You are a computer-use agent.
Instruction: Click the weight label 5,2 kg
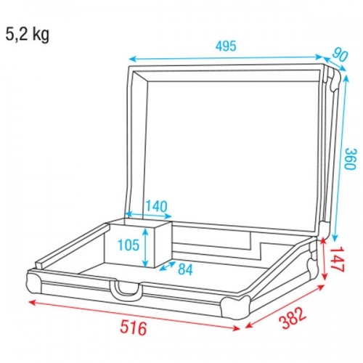pyautogui.click(x=27, y=36)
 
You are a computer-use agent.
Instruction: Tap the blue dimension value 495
pyautogui.click(x=226, y=46)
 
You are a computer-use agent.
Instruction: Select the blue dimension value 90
pyautogui.click(x=340, y=56)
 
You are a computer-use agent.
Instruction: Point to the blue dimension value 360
pyautogui.click(x=350, y=158)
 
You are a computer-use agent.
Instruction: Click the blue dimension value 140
pyautogui.click(x=156, y=206)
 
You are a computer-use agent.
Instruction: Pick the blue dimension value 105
pyautogui.click(x=129, y=245)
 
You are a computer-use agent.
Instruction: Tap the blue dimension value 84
pyautogui.click(x=185, y=269)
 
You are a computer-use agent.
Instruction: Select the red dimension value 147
pyautogui.click(x=337, y=259)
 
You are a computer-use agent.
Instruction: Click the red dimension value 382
pyautogui.click(x=293, y=318)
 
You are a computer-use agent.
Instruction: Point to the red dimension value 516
pyautogui.click(x=134, y=327)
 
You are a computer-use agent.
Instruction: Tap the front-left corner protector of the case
pyautogui.click(x=35, y=282)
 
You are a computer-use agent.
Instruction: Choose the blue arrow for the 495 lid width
pyautogui.click(x=226, y=57)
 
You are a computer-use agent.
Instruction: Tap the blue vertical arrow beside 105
pyautogui.click(x=145, y=248)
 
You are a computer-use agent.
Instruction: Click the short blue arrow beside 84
pyautogui.click(x=168, y=266)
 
